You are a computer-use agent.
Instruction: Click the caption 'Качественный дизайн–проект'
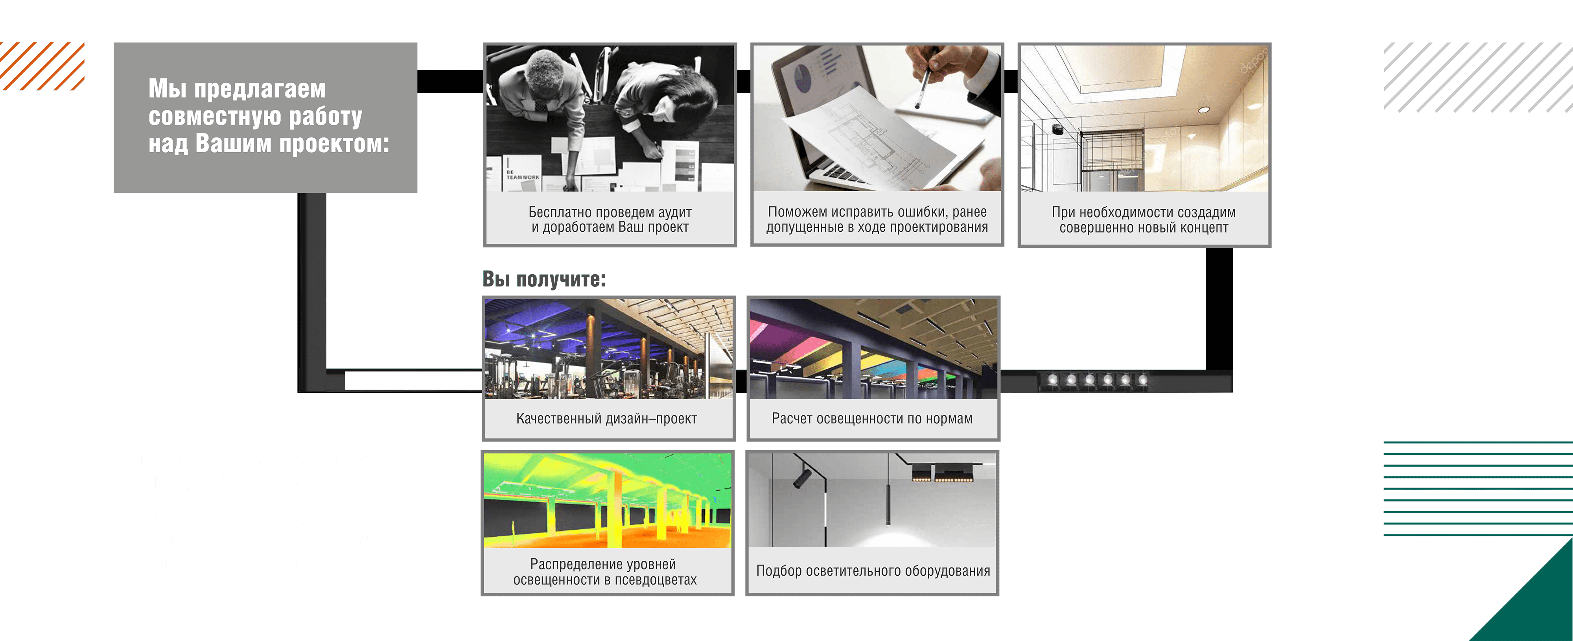606,419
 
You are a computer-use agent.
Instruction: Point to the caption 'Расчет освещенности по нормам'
872,419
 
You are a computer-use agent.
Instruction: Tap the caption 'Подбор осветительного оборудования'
873,571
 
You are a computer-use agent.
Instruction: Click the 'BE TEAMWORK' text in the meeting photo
523,175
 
